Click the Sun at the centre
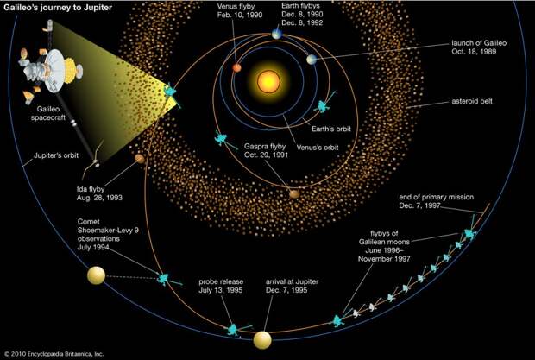(x=268, y=81)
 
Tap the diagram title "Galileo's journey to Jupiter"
(x=58, y=8)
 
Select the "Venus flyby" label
(x=236, y=7)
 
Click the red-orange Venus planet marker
(x=236, y=67)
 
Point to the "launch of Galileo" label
(x=479, y=43)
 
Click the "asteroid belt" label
(x=472, y=101)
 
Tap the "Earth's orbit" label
(x=331, y=129)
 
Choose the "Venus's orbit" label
(x=318, y=148)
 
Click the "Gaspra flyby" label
(x=265, y=147)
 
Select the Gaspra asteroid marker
(x=294, y=194)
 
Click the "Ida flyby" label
(x=91, y=189)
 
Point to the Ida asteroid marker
(x=140, y=158)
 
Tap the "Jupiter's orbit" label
(x=56, y=155)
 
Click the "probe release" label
(x=221, y=281)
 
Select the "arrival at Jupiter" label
(x=292, y=281)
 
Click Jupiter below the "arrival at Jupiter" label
(x=262, y=340)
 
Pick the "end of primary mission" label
(x=437, y=197)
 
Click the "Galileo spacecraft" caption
(x=48, y=113)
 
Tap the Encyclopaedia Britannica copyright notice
(x=53, y=354)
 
